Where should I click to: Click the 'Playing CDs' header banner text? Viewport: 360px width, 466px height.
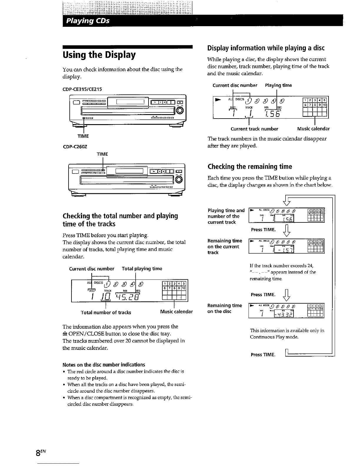tap(88, 21)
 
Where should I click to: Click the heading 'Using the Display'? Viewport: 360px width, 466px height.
tap(99, 55)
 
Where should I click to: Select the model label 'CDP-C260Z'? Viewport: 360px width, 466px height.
tap(75, 146)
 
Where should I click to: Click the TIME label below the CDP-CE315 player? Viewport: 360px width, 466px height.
tap(83, 136)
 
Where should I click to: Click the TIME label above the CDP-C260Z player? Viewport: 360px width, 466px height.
tap(102, 154)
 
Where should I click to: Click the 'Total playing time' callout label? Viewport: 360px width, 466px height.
tap(142, 269)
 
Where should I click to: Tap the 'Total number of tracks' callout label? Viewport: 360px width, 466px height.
tap(106, 312)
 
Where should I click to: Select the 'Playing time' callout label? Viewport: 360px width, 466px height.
tap(278, 85)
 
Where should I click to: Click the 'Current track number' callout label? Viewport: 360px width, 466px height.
tap(254, 129)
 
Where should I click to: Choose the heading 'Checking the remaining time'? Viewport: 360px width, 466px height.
tap(250, 167)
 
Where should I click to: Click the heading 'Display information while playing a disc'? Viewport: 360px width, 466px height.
tap(266, 48)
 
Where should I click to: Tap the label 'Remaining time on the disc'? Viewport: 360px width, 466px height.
tap(225, 308)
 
